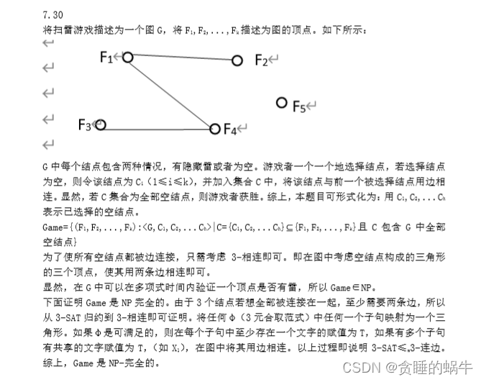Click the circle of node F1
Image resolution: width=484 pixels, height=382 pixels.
point(128,57)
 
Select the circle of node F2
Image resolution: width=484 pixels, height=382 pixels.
point(237,61)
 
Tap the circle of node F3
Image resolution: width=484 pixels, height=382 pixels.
point(101,125)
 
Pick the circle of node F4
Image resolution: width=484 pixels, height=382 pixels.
point(214,129)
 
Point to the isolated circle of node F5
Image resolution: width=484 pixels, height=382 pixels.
point(281,103)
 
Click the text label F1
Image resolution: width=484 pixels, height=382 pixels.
point(107,58)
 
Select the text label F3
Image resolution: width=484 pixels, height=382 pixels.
point(84,125)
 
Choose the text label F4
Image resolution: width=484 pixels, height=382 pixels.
point(230,129)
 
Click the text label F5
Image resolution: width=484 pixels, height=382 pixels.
point(298,106)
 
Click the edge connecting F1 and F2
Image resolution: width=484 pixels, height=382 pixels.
point(183,59)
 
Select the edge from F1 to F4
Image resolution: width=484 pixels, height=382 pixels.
point(171,94)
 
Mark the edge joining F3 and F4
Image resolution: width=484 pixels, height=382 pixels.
point(157,127)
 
